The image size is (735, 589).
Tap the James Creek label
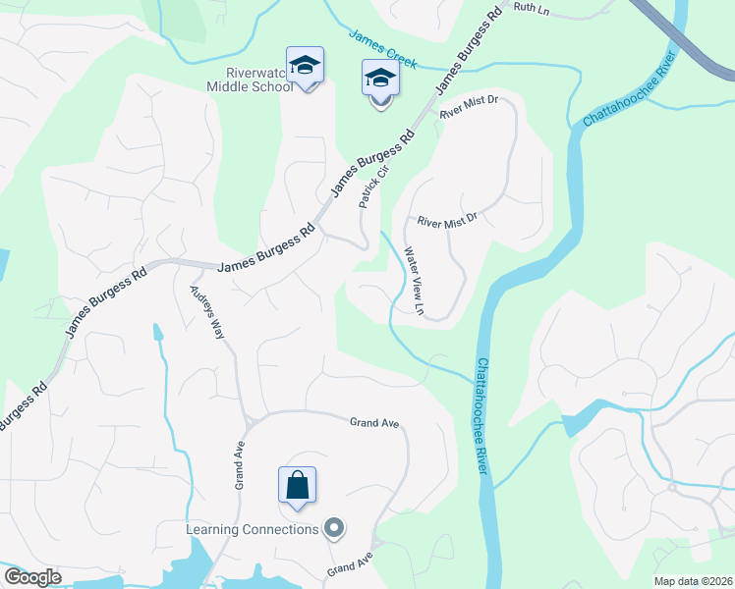point(383,48)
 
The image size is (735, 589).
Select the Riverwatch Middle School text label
point(249,80)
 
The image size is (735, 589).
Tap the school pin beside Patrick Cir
point(380,80)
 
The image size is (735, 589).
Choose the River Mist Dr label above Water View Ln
point(446,222)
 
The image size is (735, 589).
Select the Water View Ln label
point(414,281)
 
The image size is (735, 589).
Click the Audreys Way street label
point(207,311)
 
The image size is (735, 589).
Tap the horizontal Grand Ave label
point(374,422)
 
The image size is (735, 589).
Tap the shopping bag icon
point(297,485)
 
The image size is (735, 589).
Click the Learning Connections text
point(253,530)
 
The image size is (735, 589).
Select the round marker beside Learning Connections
point(334,530)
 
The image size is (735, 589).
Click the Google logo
point(32,577)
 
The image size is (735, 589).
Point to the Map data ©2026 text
point(692,582)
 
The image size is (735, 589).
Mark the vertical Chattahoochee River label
point(482,416)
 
